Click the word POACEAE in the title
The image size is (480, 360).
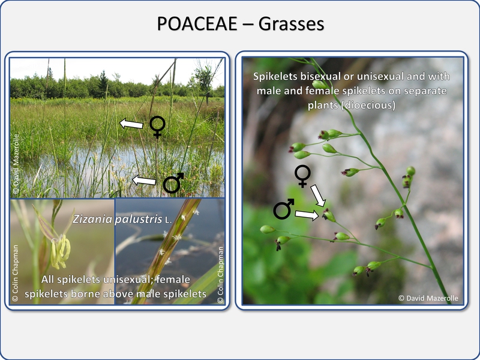pyautogui.click(x=197, y=23)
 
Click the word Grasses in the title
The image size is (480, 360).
pyautogui.click(x=291, y=23)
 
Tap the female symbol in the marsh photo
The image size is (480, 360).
pyautogui.click(x=157, y=127)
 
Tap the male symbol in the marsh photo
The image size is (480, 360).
pyautogui.click(x=173, y=183)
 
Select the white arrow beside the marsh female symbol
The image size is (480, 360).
pyautogui.click(x=131, y=124)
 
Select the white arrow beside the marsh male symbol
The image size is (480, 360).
pyautogui.click(x=144, y=181)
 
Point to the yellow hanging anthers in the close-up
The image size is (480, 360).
pyautogui.click(x=61, y=251)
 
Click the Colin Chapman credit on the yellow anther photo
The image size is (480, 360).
pyautogui.click(x=15, y=273)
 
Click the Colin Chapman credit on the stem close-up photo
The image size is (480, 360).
pyautogui.click(x=220, y=275)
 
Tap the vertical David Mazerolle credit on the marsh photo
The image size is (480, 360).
pyautogui.click(x=16, y=164)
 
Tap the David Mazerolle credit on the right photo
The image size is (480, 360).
pyautogui.click(x=428, y=298)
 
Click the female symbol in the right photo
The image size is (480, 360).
pyautogui.click(x=302, y=176)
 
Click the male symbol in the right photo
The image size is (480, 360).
pyautogui.click(x=283, y=209)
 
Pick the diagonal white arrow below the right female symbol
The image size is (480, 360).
pyautogui.click(x=318, y=196)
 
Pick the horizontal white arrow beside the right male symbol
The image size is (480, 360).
pyautogui.click(x=307, y=215)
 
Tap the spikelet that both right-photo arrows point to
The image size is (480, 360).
pyautogui.click(x=329, y=215)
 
